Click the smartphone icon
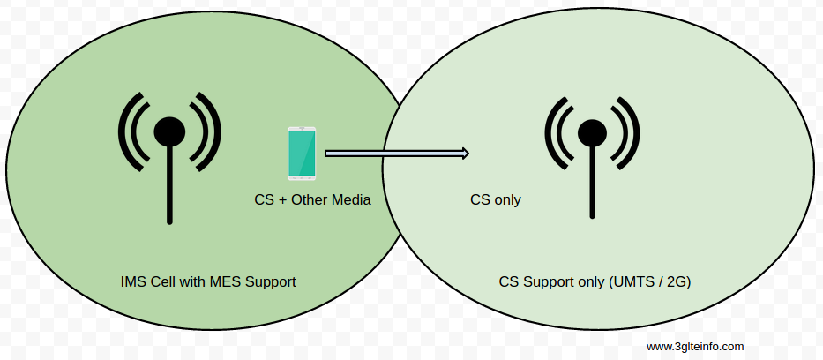[302, 153]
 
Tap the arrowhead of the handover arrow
[465, 154]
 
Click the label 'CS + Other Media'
[312, 200]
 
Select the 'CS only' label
[495, 200]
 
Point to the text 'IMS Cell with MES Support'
[208, 282]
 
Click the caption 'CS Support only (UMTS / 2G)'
[595, 282]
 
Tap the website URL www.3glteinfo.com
[694, 347]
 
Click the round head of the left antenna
[169, 131]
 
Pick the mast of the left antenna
[169, 185]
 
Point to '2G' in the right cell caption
[677, 282]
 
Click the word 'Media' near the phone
[351, 200]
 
